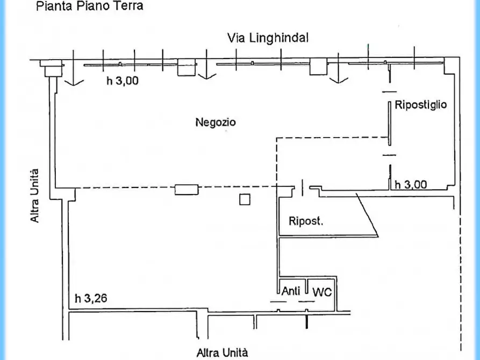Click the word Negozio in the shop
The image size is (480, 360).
215,123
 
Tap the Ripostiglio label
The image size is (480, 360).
420,105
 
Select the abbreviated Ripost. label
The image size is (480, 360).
306,220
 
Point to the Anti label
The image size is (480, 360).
291,292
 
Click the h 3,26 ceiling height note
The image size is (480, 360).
91,298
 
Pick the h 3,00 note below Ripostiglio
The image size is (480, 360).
411,184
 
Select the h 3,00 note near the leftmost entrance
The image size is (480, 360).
122,81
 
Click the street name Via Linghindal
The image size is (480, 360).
267,38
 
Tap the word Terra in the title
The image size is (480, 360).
128,7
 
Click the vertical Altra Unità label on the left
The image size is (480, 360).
35,196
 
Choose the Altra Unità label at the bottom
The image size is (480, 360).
222,352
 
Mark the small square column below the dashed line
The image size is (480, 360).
245,199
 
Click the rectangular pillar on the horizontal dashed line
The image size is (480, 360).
187,189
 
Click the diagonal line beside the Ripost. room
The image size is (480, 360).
368,214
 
